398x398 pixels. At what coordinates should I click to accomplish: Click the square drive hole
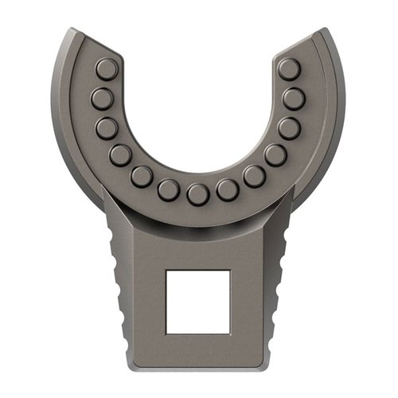(198, 302)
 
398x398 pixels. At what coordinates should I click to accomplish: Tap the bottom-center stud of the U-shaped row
(198, 194)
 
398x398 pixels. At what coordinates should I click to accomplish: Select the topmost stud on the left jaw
(107, 69)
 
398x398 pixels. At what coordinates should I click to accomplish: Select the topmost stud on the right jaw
(290, 69)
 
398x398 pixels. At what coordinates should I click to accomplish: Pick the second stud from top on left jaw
(103, 99)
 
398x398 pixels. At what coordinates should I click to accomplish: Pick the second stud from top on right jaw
(294, 99)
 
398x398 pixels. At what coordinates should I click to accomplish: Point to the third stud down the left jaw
(107, 128)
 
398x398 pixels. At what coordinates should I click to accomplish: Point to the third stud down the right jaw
(289, 128)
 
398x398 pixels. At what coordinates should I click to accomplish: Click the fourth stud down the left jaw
(121, 154)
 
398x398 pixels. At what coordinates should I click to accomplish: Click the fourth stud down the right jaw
(275, 154)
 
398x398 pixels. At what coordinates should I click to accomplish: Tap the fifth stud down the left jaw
(142, 176)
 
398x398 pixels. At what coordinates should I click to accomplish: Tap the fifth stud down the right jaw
(254, 176)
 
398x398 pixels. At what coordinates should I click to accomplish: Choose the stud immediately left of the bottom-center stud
(169, 189)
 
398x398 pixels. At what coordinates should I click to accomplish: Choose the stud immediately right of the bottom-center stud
(228, 189)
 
